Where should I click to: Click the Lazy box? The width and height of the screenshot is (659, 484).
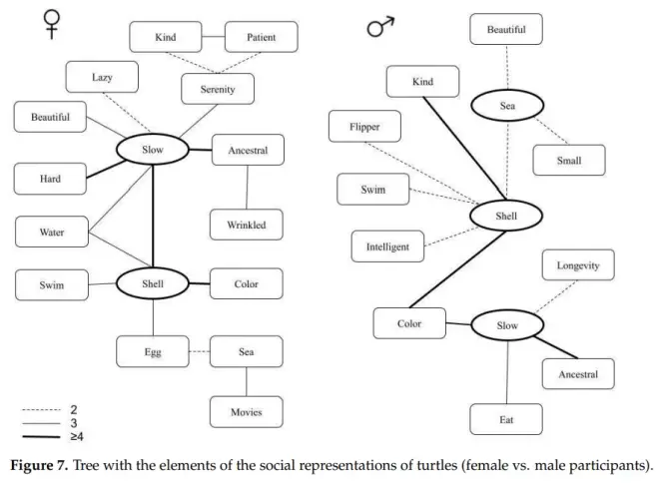tap(101, 76)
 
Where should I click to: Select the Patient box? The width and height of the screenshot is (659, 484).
tap(262, 38)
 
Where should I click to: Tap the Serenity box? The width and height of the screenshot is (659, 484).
tap(217, 89)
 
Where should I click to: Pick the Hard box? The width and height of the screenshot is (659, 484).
tap(51, 180)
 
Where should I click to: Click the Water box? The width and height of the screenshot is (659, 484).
tap(51, 232)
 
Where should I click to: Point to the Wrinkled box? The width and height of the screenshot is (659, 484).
tap(246, 225)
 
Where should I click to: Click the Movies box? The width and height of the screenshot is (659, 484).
tap(246, 411)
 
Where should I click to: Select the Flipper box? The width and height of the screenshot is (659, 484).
tap(364, 127)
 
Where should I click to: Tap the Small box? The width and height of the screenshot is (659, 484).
tap(568, 160)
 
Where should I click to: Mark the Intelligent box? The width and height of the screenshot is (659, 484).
tap(386, 245)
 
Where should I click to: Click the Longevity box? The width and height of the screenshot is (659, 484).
tap(577, 265)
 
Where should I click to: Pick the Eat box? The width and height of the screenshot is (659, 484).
tap(506, 419)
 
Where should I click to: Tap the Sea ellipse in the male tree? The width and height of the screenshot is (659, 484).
tap(506, 104)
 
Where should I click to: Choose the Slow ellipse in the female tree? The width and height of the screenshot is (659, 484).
tap(153, 151)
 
